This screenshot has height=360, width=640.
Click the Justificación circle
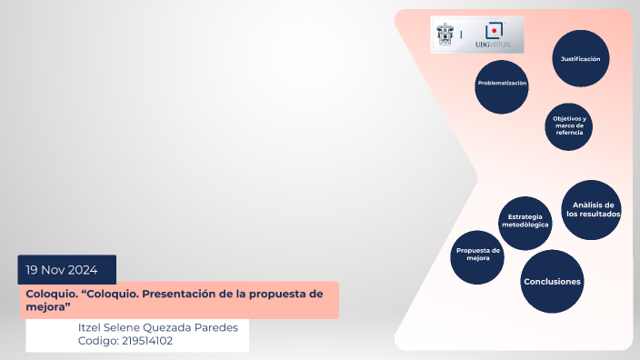580,58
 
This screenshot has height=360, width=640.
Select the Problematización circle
502,86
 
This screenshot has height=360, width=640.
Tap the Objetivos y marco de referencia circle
569,125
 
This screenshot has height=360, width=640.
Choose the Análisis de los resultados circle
593,210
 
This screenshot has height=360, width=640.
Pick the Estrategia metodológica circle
525,222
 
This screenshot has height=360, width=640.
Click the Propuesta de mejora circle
478,255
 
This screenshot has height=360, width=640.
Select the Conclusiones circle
552,282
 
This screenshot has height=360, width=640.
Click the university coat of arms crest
445,34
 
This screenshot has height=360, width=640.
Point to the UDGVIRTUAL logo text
494,45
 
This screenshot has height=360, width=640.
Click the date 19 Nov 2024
67,270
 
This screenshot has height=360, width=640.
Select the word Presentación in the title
192,294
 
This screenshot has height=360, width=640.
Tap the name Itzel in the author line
95,327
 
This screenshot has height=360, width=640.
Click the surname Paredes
222,327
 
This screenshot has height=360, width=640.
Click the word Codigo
98,341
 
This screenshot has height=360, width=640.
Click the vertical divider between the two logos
461,35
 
